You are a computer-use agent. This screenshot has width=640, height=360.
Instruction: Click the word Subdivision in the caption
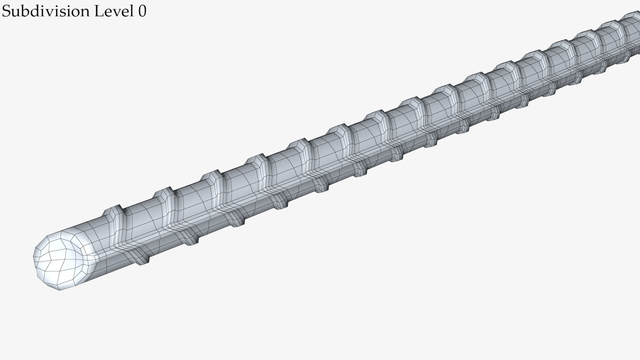point(46,12)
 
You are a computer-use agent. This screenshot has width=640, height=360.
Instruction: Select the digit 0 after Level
point(142,12)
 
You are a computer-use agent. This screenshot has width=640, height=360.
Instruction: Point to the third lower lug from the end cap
point(237,220)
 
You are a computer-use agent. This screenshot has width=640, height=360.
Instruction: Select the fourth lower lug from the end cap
point(280,202)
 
